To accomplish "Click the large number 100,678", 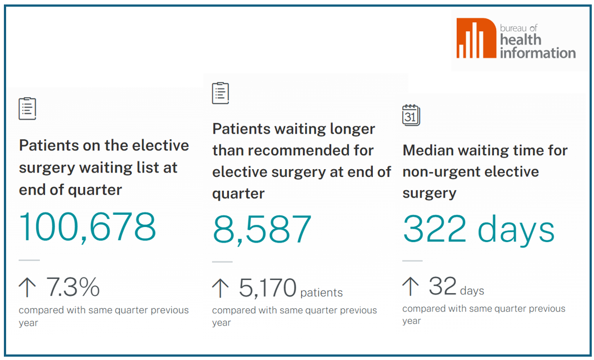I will pos(88,226).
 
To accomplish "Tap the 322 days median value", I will pos(478,229).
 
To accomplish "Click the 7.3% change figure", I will pos(73,288).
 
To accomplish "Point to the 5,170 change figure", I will pos(268,288).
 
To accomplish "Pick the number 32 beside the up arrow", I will pos(442,287).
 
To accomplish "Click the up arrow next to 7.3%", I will pos(27,288).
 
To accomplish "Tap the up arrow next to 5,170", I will pos(221,288).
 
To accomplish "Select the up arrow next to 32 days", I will pos(411,287).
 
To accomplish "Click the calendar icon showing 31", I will pos(411,115).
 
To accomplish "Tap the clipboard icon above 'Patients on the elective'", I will pos(27,109).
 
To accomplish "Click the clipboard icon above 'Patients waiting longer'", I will pos(221,92).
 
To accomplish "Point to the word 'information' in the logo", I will pos(537,53).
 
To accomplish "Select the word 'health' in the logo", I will pos(521,40).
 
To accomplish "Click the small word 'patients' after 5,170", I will pos(322,293).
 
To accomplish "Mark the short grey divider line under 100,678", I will pos(29,260).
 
